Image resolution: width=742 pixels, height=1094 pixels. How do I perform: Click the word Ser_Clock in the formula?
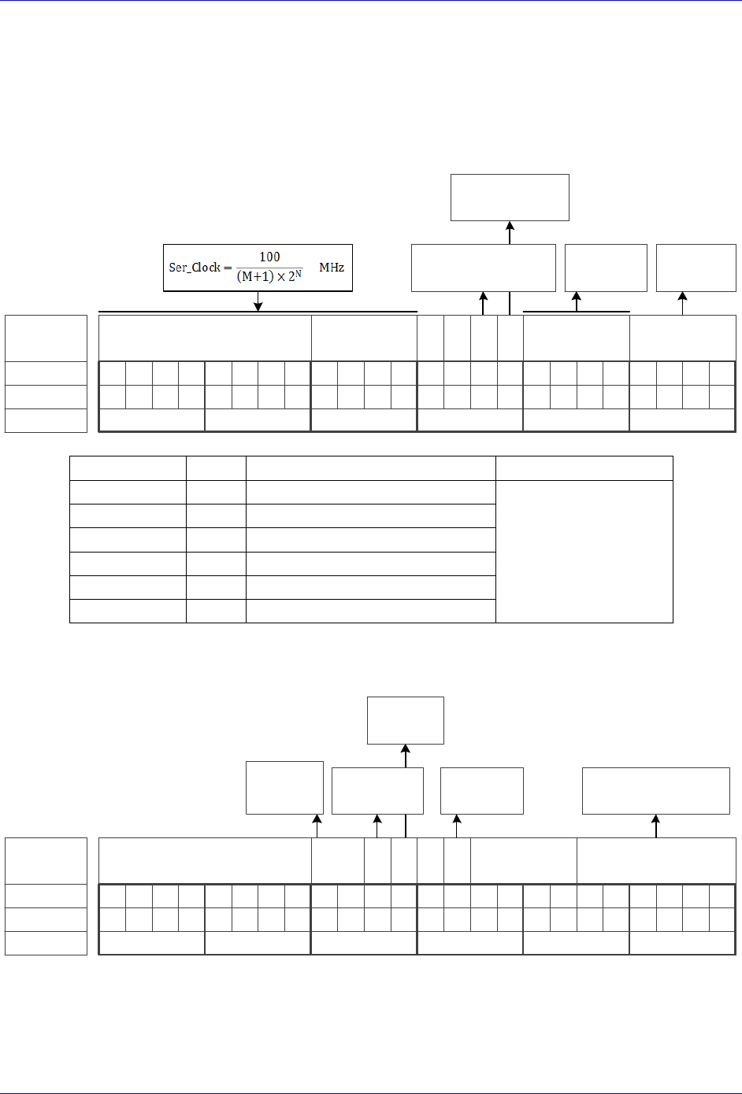tap(195, 268)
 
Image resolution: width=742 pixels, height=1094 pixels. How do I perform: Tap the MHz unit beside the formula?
tap(332, 268)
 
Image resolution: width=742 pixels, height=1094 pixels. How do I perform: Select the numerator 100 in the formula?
tap(269, 257)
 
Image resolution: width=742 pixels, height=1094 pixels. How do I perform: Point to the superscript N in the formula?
tap(299, 274)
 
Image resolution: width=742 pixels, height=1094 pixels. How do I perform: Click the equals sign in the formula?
tap(227, 268)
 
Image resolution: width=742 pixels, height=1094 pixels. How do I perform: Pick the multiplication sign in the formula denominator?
tap(280, 277)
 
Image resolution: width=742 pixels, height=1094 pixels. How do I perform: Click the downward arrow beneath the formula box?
tap(258, 302)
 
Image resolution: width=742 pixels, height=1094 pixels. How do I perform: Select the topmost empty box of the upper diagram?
tap(510, 198)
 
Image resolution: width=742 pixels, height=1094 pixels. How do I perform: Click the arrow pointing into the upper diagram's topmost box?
tap(510, 231)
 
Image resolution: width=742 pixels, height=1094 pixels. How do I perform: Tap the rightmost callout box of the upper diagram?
tap(696, 268)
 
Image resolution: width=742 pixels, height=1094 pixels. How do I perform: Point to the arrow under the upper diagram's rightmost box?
tap(683, 302)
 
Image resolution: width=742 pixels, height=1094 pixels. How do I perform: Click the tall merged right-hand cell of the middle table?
tap(584, 551)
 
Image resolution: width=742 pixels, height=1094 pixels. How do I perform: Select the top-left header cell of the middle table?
tap(128, 468)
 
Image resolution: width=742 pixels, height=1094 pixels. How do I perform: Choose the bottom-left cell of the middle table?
tap(128, 611)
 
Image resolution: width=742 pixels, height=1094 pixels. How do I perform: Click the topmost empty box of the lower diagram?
tap(406, 720)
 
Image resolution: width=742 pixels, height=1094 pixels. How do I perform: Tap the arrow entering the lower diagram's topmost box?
tap(406, 754)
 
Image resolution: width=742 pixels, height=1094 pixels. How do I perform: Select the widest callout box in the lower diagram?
tap(656, 790)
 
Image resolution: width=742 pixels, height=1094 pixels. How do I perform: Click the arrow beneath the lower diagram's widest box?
tap(656, 825)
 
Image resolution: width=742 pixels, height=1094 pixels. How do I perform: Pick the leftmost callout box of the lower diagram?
tap(284, 787)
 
